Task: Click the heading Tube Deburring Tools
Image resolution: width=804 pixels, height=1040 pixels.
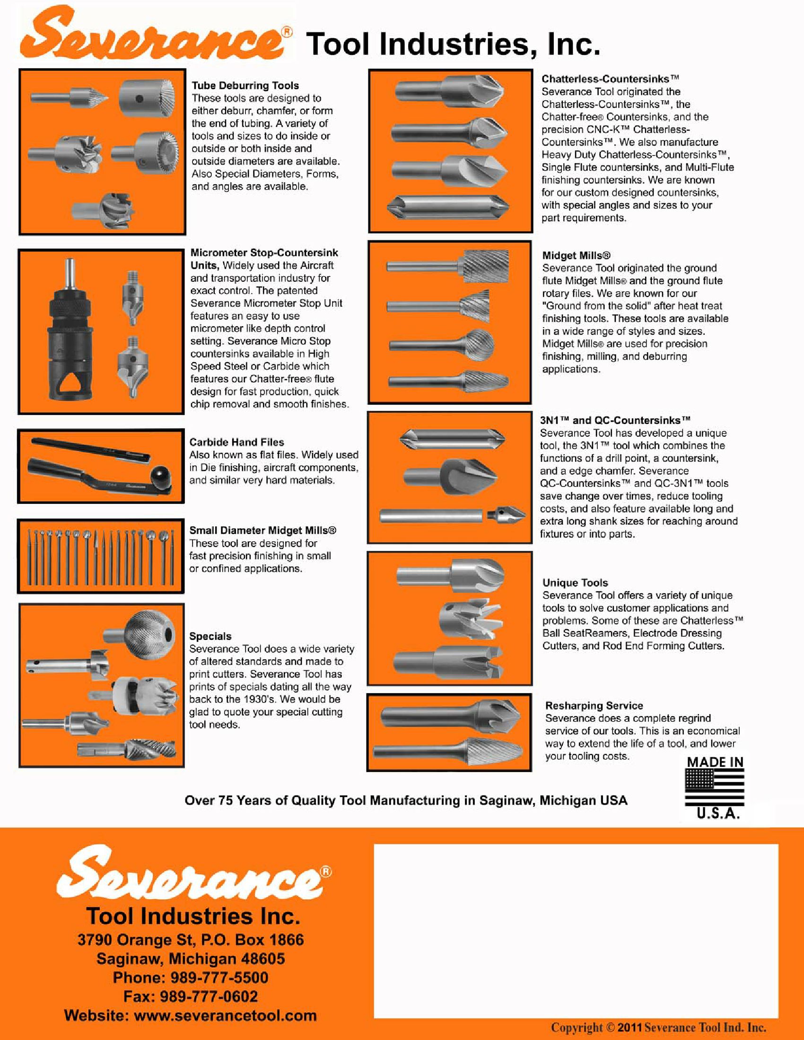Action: point(245,86)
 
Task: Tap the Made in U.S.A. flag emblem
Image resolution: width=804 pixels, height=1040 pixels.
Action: point(715,788)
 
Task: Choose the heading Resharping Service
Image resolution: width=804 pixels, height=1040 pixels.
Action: point(594,706)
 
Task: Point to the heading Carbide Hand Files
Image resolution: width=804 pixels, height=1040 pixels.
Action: point(237,442)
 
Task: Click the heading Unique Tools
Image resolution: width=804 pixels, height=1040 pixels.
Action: point(575,583)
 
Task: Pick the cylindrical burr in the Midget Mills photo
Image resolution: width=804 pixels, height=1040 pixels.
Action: point(483,266)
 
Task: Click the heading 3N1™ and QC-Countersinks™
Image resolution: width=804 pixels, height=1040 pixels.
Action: point(615,420)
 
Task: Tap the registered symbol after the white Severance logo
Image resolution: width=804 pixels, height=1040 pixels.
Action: point(326,871)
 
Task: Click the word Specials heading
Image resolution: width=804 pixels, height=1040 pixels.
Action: point(210,637)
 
